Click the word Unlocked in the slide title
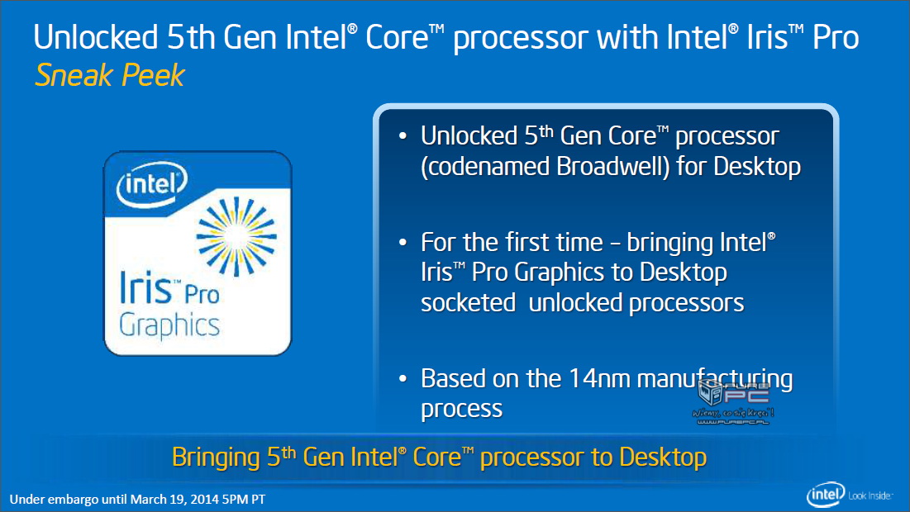click(x=96, y=37)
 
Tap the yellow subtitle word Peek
click(x=153, y=75)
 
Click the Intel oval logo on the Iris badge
click(x=152, y=184)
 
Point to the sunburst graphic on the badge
click(x=236, y=236)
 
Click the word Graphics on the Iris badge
click(x=169, y=325)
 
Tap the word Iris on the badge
click(x=145, y=287)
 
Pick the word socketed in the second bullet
click(x=469, y=303)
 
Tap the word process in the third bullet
click(x=461, y=410)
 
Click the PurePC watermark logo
click(x=734, y=400)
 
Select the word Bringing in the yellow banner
click(x=216, y=457)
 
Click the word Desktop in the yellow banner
click(x=663, y=457)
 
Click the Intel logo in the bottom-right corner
click(x=826, y=495)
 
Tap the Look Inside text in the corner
click(x=870, y=495)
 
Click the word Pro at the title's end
click(x=836, y=37)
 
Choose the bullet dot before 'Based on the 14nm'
click(x=403, y=379)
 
